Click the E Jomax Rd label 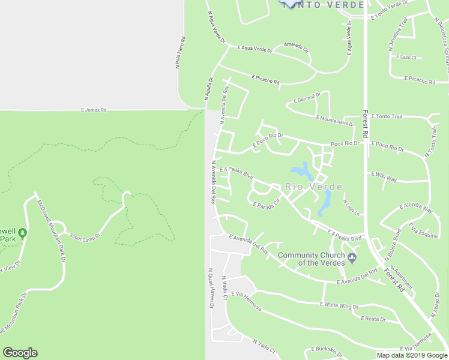[x=94, y=110]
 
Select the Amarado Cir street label [x=296, y=46]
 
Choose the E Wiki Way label [x=384, y=179]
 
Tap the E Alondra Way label [x=415, y=208]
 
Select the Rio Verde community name [x=314, y=187]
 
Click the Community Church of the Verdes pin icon [x=352, y=259]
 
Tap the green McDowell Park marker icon [x=23, y=232]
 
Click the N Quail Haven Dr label [x=211, y=288]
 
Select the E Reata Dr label [x=372, y=319]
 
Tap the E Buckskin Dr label [x=328, y=349]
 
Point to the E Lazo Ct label [x=407, y=57]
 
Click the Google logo [x=20, y=353]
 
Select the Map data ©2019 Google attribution [x=412, y=355]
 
